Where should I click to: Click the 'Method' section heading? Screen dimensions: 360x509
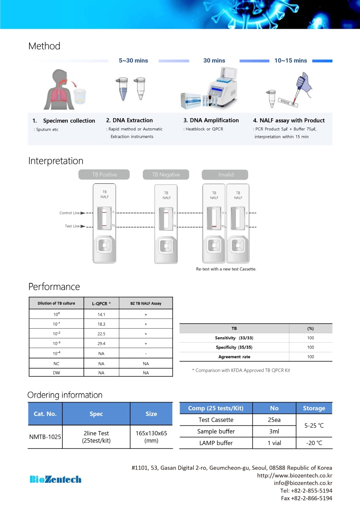(44, 46)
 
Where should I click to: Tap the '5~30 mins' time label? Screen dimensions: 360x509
(133, 61)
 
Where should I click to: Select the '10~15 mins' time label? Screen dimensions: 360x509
(291, 61)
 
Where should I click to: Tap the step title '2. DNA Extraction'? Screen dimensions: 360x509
(129, 120)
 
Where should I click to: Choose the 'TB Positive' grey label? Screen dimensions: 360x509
(104, 174)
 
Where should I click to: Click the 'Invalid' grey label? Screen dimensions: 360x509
(225, 174)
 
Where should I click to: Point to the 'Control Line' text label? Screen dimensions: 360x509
(69, 213)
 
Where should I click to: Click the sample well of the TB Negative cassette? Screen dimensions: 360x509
(166, 246)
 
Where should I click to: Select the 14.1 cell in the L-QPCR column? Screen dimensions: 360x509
(101, 315)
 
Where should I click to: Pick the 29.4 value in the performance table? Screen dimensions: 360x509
(101, 343)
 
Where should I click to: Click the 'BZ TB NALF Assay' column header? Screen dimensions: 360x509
(146, 303)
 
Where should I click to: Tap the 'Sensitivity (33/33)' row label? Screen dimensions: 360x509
(234, 338)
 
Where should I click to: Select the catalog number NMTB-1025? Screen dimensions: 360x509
(45, 437)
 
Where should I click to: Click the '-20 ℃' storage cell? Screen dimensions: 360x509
(314, 443)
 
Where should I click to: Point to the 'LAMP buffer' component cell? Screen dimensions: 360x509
(216, 443)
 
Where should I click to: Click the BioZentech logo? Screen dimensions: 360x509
(55, 479)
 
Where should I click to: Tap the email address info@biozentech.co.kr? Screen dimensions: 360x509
(303, 483)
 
